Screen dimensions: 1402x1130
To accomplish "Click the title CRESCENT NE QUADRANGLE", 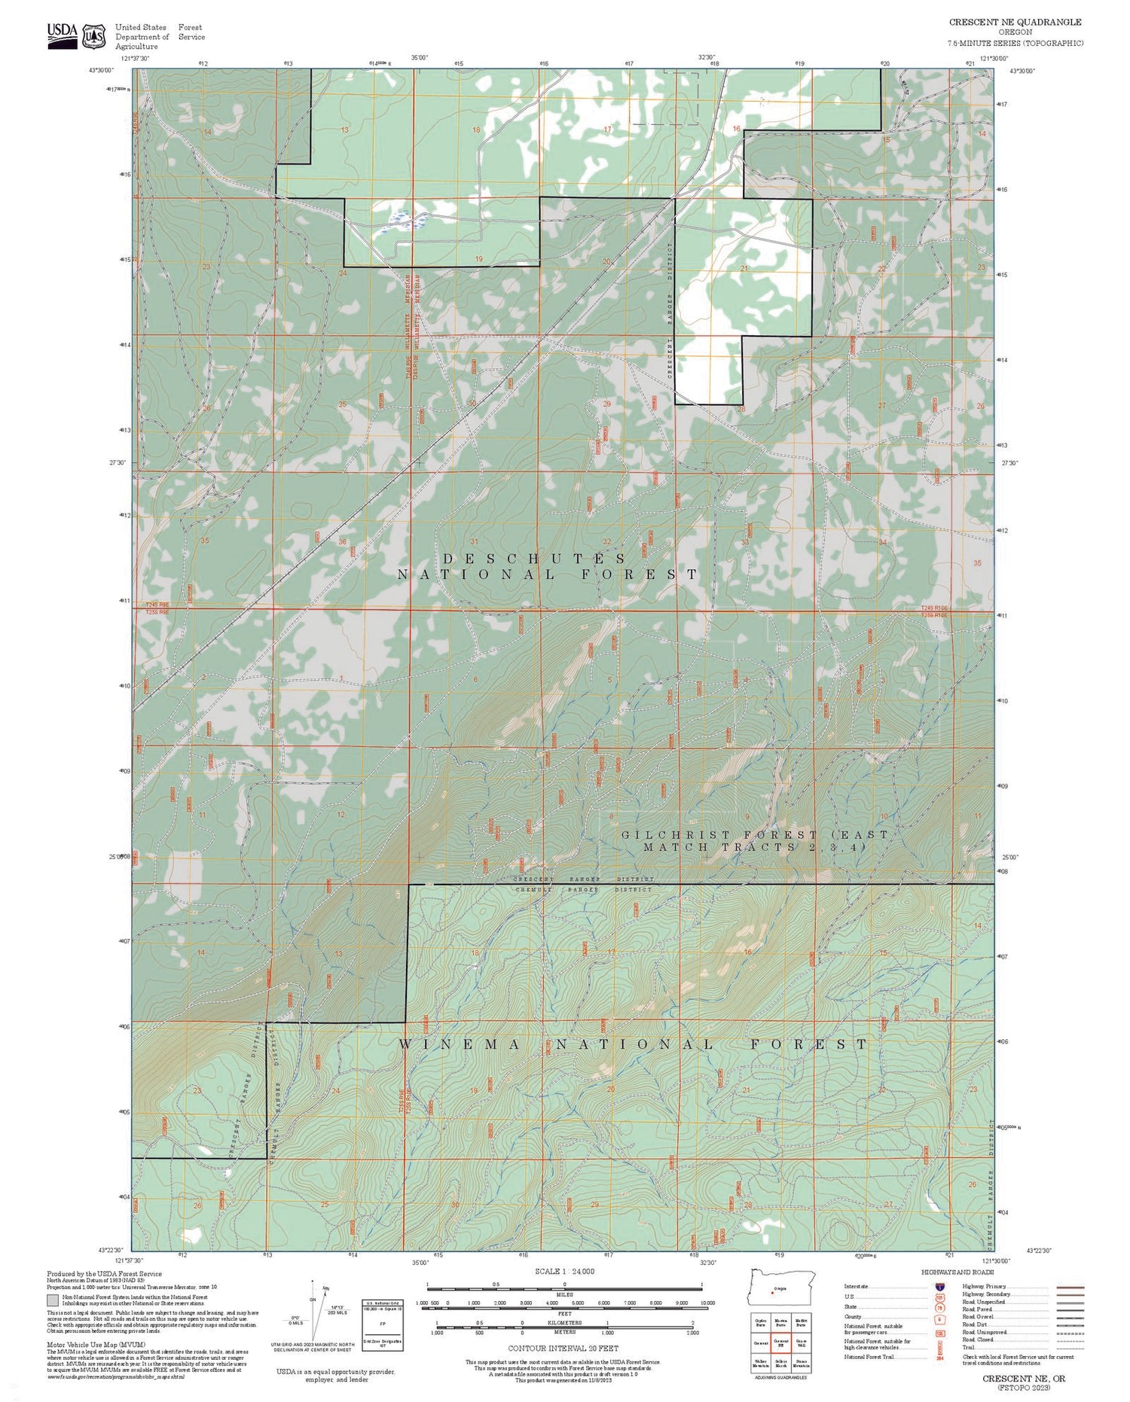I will [x=1015, y=23].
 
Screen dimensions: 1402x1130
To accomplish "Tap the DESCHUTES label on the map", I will [x=534, y=559].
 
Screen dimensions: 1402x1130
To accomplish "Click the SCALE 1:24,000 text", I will [x=564, y=1272].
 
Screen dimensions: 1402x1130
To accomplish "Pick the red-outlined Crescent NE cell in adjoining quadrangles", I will [x=780, y=1343].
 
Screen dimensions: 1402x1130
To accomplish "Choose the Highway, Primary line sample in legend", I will [x=1070, y=1288].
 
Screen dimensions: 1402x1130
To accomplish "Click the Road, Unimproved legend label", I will [x=988, y=1333].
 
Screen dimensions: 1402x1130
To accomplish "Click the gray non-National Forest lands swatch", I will [x=53, y=1300].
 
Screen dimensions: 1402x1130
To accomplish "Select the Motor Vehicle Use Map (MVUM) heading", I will [x=96, y=1345].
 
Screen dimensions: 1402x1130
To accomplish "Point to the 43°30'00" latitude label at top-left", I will [x=101, y=70].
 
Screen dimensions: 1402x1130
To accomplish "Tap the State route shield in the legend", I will [x=940, y=1308].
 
